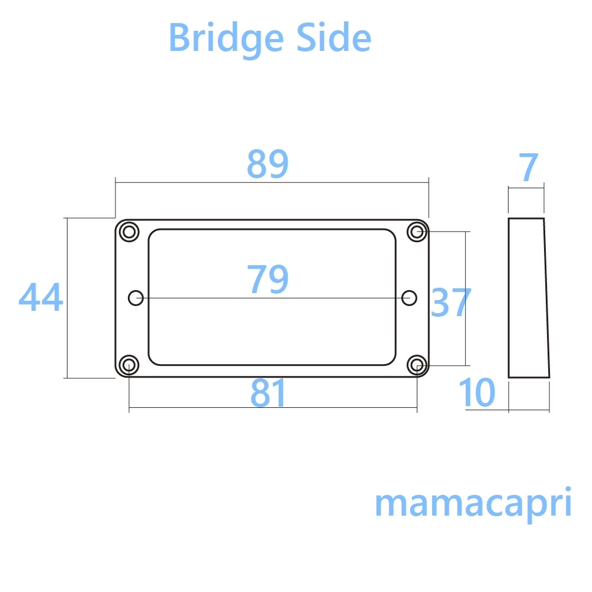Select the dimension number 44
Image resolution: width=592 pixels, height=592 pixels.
pyautogui.click(x=40, y=297)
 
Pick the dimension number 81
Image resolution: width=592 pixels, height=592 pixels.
pyautogui.click(x=268, y=393)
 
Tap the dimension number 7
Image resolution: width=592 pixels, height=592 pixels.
pyautogui.click(x=528, y=168)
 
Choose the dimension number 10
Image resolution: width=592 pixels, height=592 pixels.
pyautogui.click(x=477, y=393)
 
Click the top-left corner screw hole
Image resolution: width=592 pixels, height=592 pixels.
pyautogui.click(x=128, y=231)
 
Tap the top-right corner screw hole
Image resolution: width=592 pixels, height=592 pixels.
pyautogui.click(x=417, y=231)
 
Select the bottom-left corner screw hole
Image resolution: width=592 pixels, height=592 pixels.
pyautogui.click(x=128, y=365)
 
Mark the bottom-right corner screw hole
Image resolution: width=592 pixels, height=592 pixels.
pyautogui.click(x=417, y=365)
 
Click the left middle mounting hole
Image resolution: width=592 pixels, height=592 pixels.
pyautogui.click(x=136, y=298)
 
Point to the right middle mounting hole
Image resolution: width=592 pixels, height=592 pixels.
pyautogui.click(x=409, y=298)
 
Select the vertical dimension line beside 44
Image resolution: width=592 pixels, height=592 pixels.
pyautogui.click(x=67, y=332)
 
